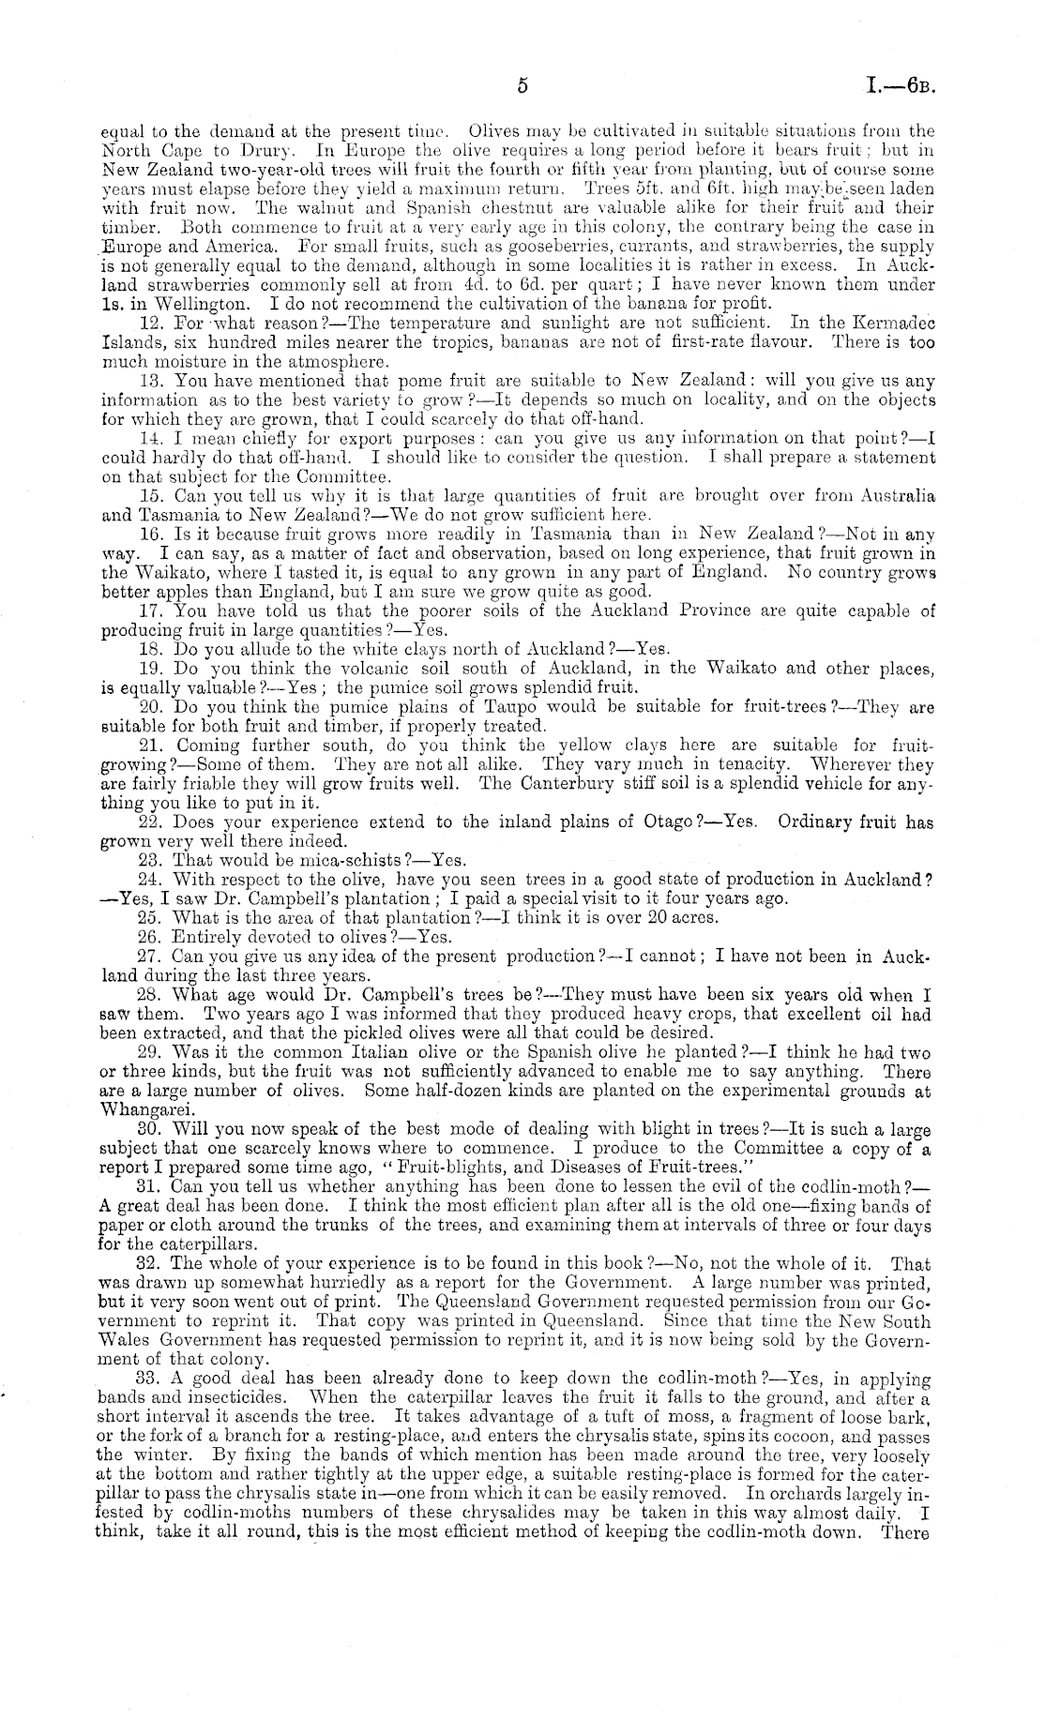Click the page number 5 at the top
[x=523, y=85]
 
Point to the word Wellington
[x=200, y=304]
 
